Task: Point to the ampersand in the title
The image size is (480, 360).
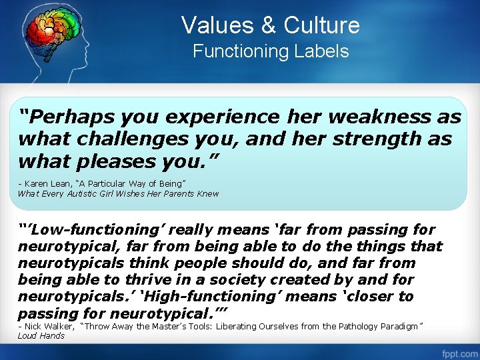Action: click(x=269, y=26)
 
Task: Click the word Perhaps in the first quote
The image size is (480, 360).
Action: click(x=64, y=117)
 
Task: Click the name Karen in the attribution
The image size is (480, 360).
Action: click(x=37, y=183)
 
